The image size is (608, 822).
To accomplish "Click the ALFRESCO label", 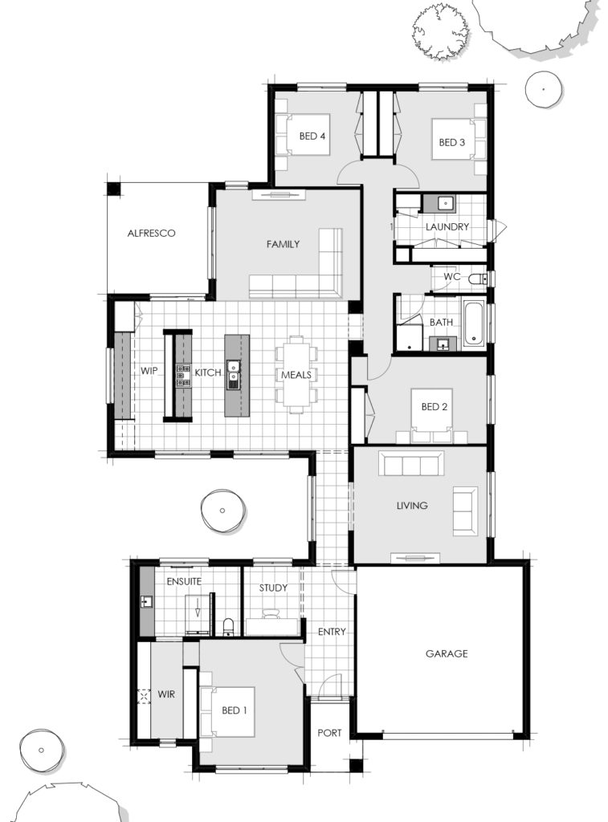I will tap(151, 234).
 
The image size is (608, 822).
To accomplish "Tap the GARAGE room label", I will tap(446, 653).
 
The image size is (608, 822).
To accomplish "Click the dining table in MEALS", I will tap(296, 374).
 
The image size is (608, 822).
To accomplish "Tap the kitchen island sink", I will tap(234, 375).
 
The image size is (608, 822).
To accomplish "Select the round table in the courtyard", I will tap(221, 510).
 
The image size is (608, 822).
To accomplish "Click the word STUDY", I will tap(273, 588).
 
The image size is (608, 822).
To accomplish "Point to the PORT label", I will tap(329, 733).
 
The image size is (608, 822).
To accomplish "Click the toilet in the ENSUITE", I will tap(228, 625).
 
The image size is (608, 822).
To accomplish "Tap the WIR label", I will tap(166, 694).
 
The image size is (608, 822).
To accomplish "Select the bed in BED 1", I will tap(229, 710).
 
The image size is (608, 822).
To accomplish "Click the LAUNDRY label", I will tap(447, 227).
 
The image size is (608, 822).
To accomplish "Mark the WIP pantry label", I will tap(149, 372).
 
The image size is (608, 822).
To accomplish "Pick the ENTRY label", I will tap(332, 632).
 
